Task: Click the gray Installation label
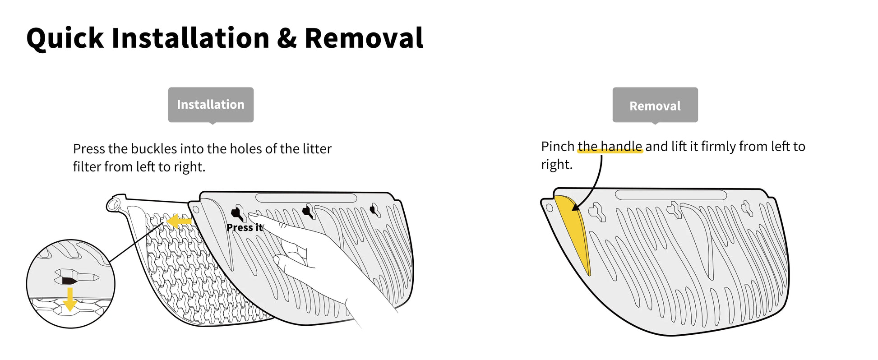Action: click(x=211, y=105)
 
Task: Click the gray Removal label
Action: click(x=655, y=106)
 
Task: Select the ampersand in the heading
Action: click(x=287, y=38)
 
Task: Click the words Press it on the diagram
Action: click(x=244, y=227)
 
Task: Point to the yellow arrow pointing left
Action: click(x=179, y=222)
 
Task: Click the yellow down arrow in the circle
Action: click(x=70, y=300)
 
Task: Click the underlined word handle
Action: click(x=621, y=146)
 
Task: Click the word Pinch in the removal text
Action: click(x=557, y=146)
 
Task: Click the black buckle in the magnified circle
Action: click(x=69, y=280)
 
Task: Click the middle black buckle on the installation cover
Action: click(x=308, y=211)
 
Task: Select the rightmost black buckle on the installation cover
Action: click(x=374, y=210)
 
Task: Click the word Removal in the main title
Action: click(x=364, y=38)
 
